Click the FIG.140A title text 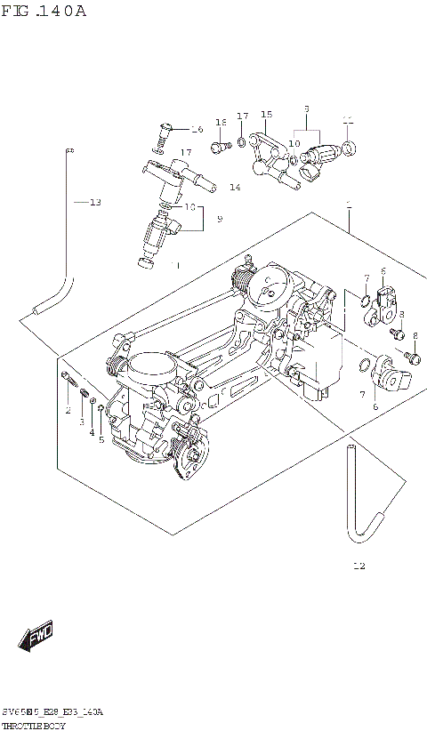click(x=44, y=12)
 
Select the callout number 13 click(x=94, y=202)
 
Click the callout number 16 click(x=197, y=130)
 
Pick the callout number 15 click(x=266, y=115)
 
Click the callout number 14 click(x=235, y=188)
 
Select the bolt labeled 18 click(x=218, y=144)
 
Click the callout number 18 click(x=221, y=122)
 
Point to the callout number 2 click(x=67, y=410)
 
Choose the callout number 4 click(x=91, y=432)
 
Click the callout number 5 click(x=101, y=439)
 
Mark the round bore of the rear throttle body click(x=270, y=286)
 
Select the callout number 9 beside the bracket click(x=219, y=219)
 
